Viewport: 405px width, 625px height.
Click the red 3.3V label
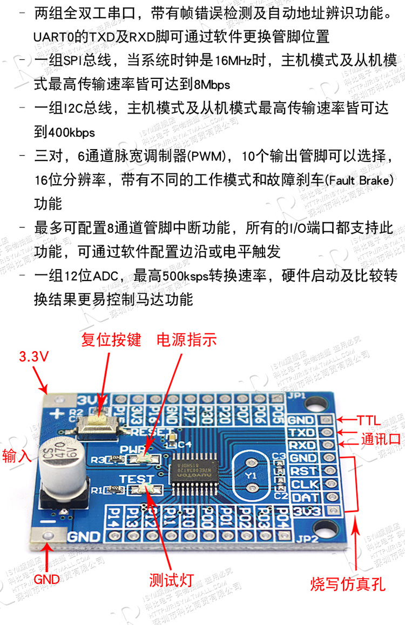point(33,357)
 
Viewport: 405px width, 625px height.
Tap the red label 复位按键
point(111,340)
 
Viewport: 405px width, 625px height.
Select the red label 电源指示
point(186,340)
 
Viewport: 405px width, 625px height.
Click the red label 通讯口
point(381,439)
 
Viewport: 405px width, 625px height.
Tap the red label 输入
point(17,455)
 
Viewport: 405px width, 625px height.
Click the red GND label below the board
point(47,580)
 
